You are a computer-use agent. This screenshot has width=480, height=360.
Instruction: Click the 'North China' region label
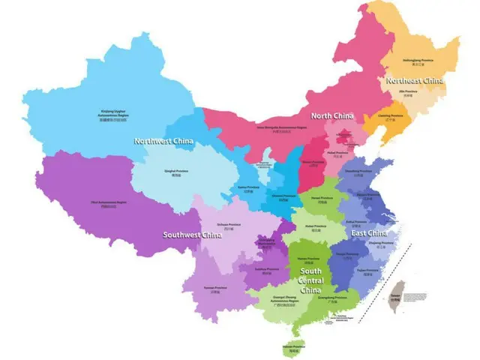(x=332, y=115)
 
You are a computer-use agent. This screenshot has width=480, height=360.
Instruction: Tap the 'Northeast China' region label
(x=414, y=80)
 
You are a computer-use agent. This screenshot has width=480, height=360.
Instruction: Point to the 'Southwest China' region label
(x=193, y=235)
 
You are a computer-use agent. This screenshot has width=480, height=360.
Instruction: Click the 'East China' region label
(x=370, y=233)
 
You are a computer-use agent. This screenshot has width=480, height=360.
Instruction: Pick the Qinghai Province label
(x=176, y=172)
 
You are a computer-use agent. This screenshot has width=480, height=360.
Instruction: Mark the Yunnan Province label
(x=215, y=289)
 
